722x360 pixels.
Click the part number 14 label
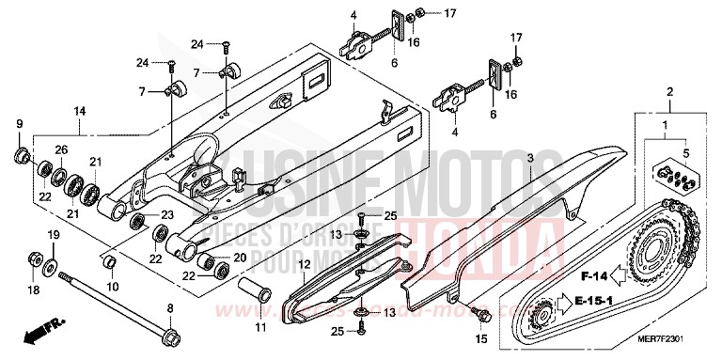coord(81,111)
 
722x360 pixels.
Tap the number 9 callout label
coord(20,125)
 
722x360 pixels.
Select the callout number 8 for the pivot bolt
coord(170,308)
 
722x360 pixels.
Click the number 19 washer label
coord(55,234)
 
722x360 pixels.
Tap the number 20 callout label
coord(239,258)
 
